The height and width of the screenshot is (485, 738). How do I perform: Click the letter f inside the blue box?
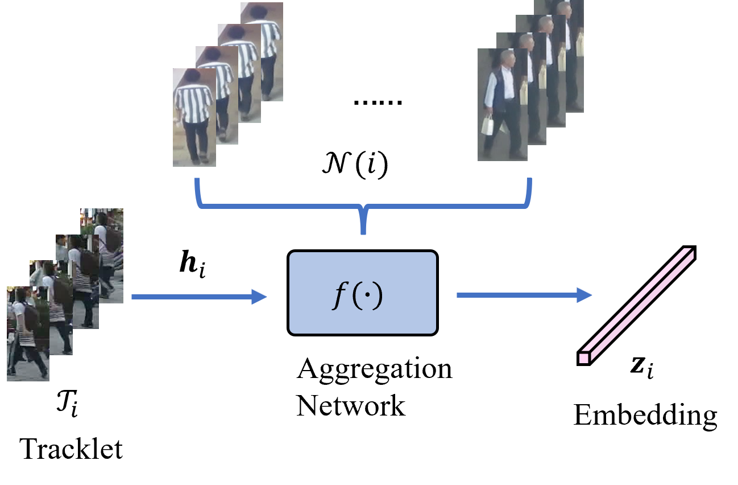339,295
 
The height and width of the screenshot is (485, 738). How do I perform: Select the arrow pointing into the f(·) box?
199,297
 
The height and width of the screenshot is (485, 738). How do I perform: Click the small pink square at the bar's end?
583,358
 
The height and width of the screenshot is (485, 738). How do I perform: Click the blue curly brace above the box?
363,206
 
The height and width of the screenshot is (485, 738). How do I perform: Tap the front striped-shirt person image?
194,117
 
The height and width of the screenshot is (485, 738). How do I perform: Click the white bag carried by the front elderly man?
487,125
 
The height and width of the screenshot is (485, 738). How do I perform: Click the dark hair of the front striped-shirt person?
192,76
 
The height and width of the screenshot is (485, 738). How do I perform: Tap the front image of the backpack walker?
28,334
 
